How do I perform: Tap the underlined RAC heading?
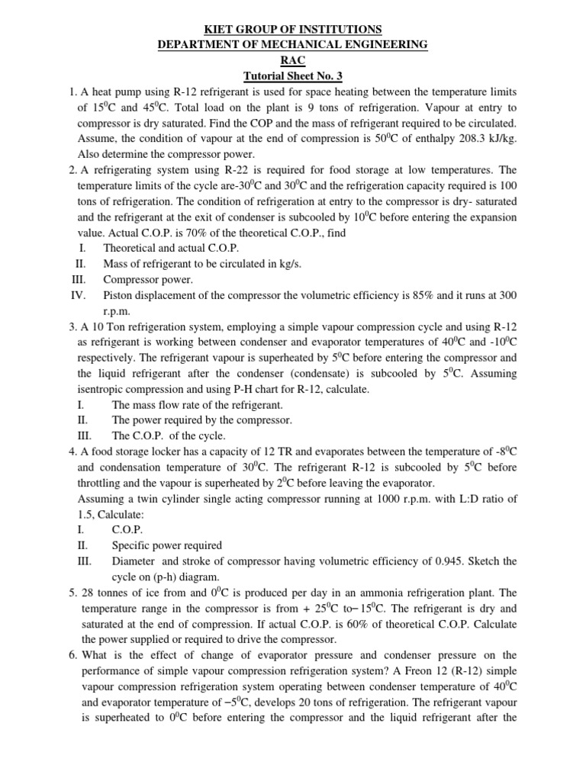(293, 60)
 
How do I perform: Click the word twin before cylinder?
(154, 499)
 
